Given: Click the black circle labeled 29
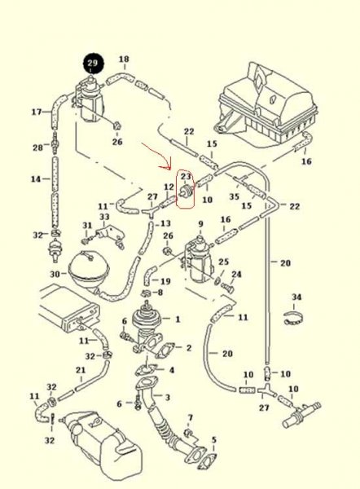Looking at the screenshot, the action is [x=93, y=64].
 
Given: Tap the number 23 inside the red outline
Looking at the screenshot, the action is [x=186, y=177].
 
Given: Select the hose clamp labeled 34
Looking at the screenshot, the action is [x=293, y=319].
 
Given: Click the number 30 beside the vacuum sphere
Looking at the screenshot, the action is [x=56, y=274].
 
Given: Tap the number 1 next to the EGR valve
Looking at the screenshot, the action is [x=178, y=319].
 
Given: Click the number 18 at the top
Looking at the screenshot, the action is [x=124, y=59].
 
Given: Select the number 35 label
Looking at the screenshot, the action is [x=234, y=196].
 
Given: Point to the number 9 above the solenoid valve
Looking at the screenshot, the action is [x=200, y=224].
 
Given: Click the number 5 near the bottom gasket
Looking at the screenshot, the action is [x=214, y=440].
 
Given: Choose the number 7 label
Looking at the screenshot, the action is [x=190, y=417].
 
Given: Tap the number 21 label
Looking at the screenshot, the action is [x=81, y=370].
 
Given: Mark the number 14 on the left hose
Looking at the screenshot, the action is [x=36, y=179].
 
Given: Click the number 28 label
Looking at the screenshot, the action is [x=37, y=147].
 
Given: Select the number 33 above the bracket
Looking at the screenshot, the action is [x=104, y=217].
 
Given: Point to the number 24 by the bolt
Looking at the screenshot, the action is [x=236, y=274].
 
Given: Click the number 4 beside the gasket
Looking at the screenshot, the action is [x=172, y=370].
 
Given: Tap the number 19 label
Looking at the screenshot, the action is [x=165, y=281].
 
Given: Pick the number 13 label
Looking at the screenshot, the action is [x=165, y=223].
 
